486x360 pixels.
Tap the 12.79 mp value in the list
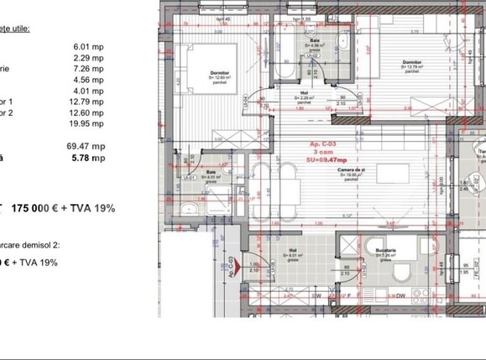[89, 102]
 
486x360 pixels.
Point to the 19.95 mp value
[89, 124]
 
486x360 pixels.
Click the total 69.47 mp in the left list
[89, 146]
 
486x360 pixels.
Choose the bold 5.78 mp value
[89, 157]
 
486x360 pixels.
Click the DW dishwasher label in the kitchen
[400, 295]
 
